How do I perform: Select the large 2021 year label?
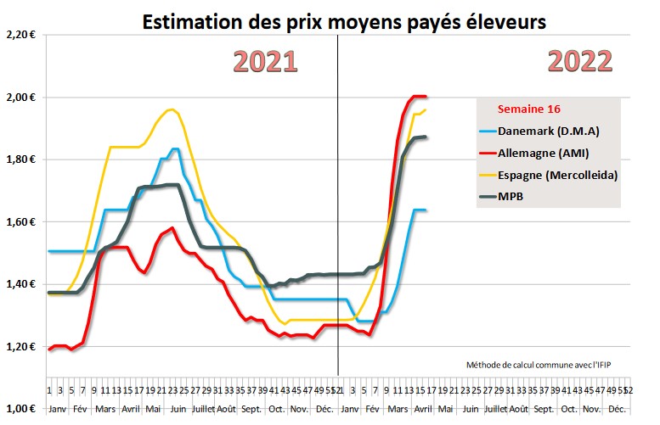pyautogui.click(x=265, y=62)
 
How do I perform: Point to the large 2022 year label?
pyautogui.click(x=580, y=62)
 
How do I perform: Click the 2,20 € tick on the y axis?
pyautogui.click(x=20, y=35)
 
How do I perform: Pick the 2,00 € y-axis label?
pyautogui.click(x=20, y=97)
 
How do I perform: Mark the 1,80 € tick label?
pyautogui.click(x=20, y=159)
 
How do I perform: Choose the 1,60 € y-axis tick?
pyautogui.click(x=20, y=222)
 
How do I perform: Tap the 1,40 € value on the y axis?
pyautogui.click(x=20, y=284)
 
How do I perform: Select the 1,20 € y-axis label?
pyautogui.click(x=20, y=347)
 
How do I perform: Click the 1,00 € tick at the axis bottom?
pyautogui.click(x=20, y=409)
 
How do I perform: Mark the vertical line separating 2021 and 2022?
pyautogui.click(x=338, y=212)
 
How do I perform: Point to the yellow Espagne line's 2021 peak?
pyautogui.click(x=172, y=109)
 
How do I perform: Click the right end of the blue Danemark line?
pyautogui.click(x=425, y=210)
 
